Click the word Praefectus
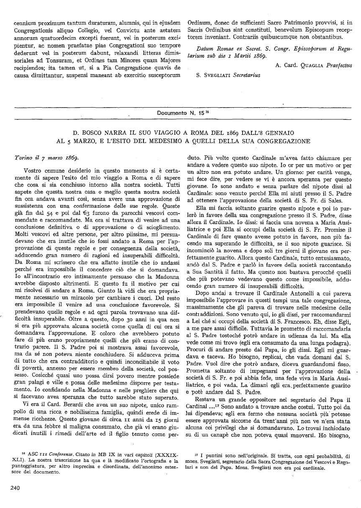click(339, 65)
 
